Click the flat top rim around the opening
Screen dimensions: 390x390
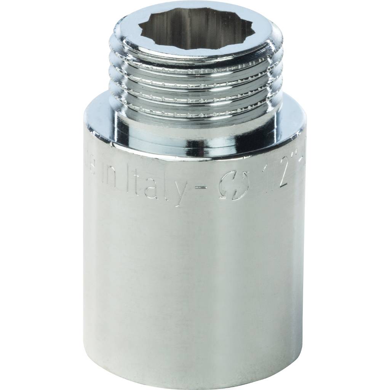pyautogui.click(x=195, y=52)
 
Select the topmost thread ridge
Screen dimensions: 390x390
pyautogui.click(x=195, y=63)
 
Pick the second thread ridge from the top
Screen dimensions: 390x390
pyautogui.click(x=195, y=76)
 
